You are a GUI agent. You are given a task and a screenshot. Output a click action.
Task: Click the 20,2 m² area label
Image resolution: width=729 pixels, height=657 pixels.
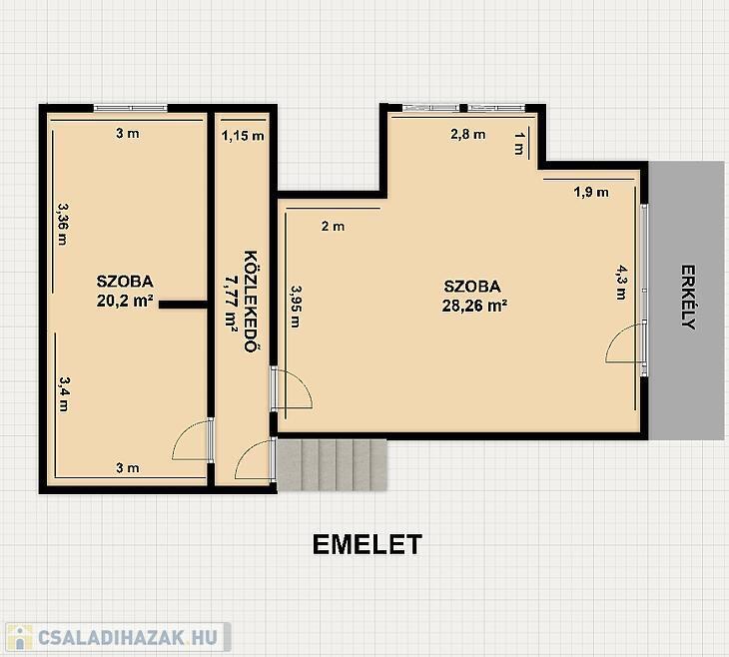click(x=125, y=301)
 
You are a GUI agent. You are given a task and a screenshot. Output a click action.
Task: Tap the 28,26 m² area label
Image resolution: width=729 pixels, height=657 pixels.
click(x=474, y=306)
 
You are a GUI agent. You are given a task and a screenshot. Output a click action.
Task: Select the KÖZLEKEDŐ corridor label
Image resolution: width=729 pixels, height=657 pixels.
click(x=251, y=302)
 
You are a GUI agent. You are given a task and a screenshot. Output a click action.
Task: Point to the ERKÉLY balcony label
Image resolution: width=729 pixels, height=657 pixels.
click(x=688, y=298)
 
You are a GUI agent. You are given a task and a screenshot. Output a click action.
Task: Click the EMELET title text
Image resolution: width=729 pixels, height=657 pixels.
click(x=367, y=544)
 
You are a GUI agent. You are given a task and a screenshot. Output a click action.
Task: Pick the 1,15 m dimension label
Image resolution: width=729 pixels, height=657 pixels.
click(x=243, y=136)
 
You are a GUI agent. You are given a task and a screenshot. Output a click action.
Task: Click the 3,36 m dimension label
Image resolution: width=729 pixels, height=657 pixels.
click(x=63, y=224)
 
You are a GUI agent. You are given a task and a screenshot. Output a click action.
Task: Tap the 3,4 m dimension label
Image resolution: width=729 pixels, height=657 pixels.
click(x=63, y=393)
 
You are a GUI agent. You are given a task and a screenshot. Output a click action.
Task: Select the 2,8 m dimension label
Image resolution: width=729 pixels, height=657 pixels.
click(x=468, y=135)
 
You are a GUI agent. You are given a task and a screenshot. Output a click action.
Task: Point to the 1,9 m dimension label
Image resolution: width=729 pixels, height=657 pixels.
click(x=591, y=192)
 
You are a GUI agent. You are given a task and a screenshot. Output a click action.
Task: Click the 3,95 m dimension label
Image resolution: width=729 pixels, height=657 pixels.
click(x=296, y=307)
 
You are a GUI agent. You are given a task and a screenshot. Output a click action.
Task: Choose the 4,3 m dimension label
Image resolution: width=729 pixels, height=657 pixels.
click(x=621, y=283)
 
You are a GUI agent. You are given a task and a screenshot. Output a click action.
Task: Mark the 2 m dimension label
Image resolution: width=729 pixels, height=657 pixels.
click(x=334, y=227)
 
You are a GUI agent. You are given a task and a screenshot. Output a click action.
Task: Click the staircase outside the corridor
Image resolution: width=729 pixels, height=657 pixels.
click(x=332, y=465)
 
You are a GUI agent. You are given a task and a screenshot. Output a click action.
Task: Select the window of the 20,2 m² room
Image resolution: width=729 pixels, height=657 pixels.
click(x=130, y=108)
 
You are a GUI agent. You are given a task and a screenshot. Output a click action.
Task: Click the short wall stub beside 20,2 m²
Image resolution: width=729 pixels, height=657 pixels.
click(x=183, y=305)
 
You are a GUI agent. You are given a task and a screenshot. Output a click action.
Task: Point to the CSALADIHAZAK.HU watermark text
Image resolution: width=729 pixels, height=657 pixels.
click(x=128, y=637)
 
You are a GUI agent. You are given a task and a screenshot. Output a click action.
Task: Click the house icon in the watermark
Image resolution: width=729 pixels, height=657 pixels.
click(x=20, y=637)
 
